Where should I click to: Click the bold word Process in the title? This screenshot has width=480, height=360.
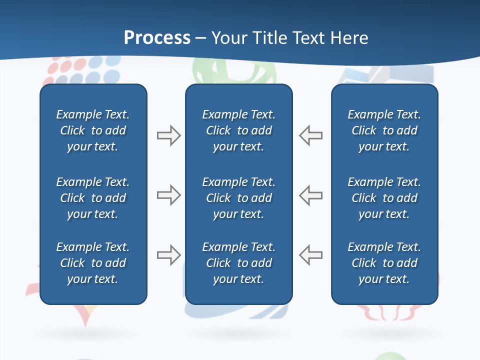point(157,38)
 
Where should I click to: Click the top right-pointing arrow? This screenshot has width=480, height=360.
point(168,135)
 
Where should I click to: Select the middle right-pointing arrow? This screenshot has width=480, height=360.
point(168,195)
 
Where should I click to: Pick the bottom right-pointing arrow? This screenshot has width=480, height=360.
point(168,255)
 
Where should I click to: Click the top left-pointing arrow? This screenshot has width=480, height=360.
point(310,135)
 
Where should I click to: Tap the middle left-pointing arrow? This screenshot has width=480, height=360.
point(310,195)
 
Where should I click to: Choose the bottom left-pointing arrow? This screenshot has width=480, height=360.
point(310,255)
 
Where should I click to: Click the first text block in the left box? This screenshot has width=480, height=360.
point(93,130)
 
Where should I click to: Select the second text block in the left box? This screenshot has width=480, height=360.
point(93,198)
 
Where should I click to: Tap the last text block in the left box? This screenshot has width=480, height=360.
point(93,263)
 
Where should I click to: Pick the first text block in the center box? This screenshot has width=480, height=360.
point(238,130)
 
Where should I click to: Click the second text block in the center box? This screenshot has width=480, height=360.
point(238,198)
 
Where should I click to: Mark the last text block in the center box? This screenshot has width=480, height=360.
point(238,263)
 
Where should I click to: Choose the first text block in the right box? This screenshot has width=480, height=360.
point(384,130)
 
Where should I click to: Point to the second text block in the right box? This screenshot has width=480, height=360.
point(384,198)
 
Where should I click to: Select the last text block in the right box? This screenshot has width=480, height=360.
point(384,263)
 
